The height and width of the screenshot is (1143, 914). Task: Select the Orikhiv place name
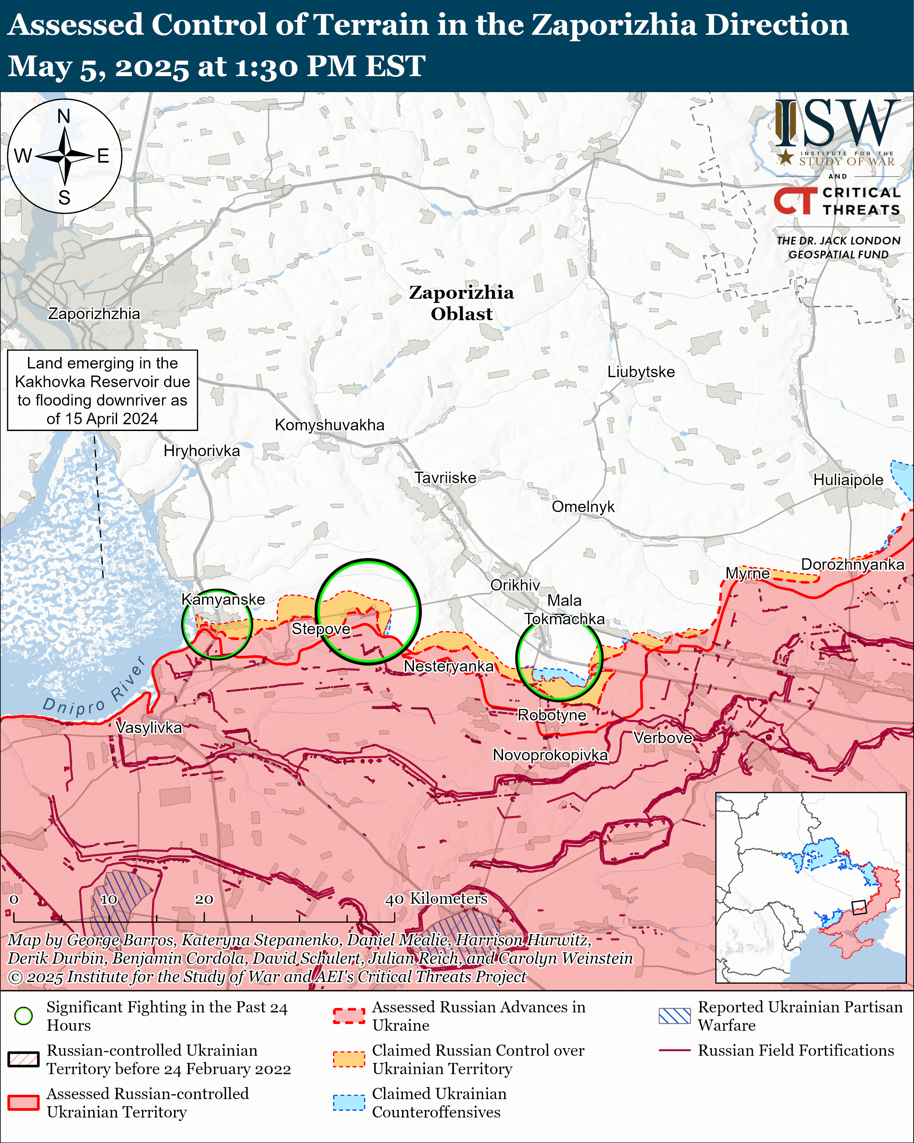515,585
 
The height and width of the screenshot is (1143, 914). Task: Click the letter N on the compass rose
64,116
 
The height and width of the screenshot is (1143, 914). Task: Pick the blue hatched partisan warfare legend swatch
674,1016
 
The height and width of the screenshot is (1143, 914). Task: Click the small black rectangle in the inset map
859,907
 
